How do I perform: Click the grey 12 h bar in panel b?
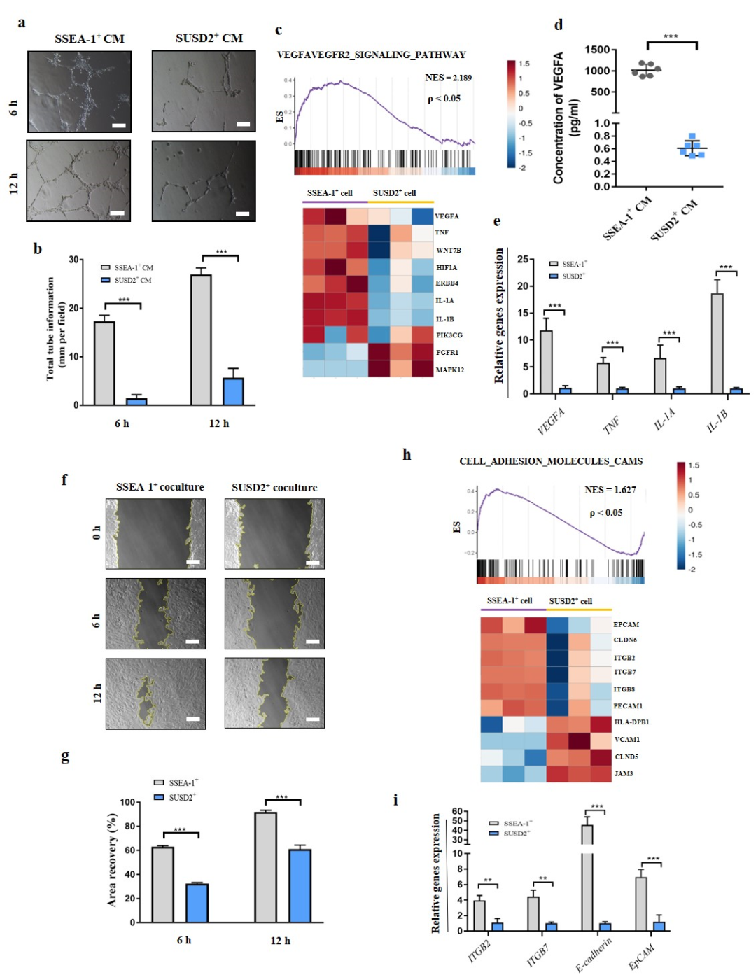point(201,339)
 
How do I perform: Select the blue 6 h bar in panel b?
point(136,401)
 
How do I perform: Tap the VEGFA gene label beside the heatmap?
point(447,216)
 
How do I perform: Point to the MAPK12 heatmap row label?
point(450,370)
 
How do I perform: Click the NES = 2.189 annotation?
point(448,78)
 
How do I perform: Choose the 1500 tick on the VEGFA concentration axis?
point(597,50)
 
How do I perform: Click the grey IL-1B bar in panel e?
point(717,343)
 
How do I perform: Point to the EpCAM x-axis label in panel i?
point(641,956)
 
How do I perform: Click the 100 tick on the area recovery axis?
point(127,802)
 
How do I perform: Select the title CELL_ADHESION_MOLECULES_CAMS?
point(550,461)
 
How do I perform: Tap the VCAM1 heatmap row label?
point(627,739)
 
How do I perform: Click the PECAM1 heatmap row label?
point(628,705)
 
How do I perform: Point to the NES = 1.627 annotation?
point(610,490)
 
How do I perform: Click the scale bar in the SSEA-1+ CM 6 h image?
point(119,126)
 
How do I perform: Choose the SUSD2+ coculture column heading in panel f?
point(274,487)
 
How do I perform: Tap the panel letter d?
point(559,25)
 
